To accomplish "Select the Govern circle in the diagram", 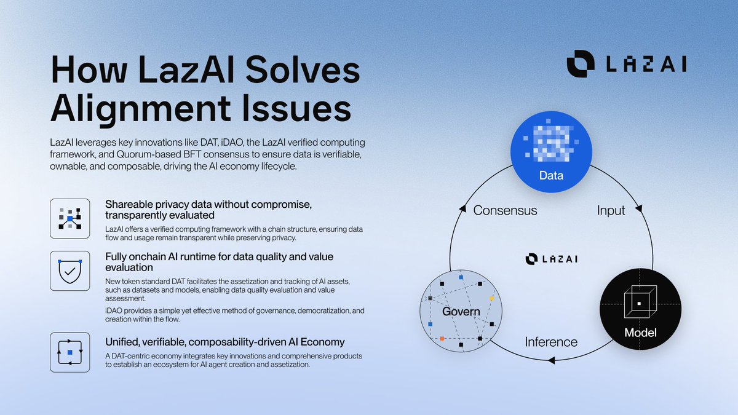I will tap(461, 311).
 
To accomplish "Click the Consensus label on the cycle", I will tap(505, 210).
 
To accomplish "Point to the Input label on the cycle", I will tap(611, 210).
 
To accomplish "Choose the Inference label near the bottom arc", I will tap(551, 342).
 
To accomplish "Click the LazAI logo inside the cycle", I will tap(551, 259).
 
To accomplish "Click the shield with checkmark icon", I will tap(69, 271).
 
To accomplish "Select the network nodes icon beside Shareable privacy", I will tap(69, 219).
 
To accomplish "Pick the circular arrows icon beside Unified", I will tap(69, 352).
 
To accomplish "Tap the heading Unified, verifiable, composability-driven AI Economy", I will tap(225, 342).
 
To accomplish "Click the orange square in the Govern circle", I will tap(442, 339).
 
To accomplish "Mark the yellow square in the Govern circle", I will tap(491, 298).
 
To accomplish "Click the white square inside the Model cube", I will tap(640, 304).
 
